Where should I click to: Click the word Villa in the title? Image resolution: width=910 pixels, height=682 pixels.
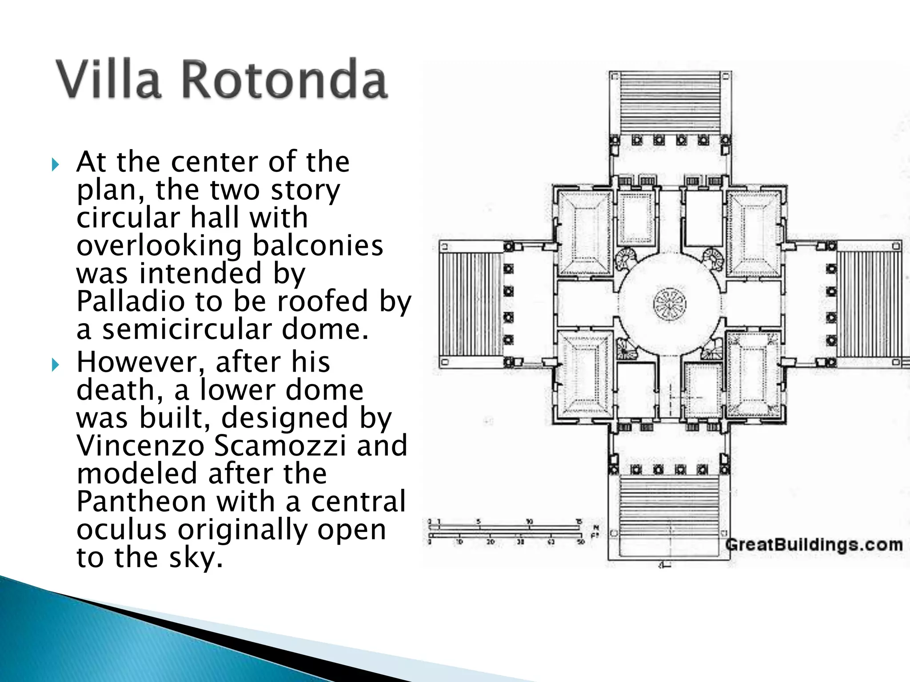point(108,79)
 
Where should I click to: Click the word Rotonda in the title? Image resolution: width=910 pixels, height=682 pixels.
point(284,79)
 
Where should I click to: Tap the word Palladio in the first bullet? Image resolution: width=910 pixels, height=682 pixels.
point(130,301)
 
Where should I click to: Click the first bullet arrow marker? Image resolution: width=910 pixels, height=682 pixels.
point(55,166)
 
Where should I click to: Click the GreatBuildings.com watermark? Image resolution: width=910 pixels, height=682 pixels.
point(814,545)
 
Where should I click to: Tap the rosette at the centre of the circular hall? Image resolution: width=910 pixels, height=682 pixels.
point(670,305)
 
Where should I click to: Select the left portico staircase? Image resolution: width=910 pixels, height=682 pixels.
point(472,304)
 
